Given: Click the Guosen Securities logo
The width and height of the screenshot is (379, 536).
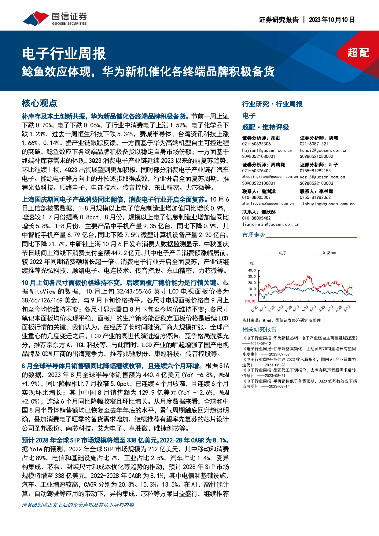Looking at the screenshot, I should pyautogui.click(x=55, y=19).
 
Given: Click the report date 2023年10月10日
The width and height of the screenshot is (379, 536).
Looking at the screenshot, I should pyautogui.click(x=332, y=20).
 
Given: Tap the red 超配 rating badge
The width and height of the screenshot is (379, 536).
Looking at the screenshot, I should pyautogui.click(x=358, y=53).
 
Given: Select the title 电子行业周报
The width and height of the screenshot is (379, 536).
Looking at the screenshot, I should pyautogui.click(x=64, y=54).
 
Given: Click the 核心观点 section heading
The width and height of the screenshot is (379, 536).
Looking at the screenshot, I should pyautogui.click(x=39, y=103).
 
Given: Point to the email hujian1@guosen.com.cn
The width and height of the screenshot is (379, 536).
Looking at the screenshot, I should pyautogui.click(x=267, y=150).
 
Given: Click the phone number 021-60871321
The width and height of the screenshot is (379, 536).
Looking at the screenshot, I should pyautogui.click(x=314, y=144).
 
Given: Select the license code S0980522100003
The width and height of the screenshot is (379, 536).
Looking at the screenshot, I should pyautogui.click(x=316, y=183).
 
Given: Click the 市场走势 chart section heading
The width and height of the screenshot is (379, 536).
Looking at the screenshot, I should pyautogui.click(x=254, y=235).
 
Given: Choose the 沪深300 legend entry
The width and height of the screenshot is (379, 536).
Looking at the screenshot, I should pyautogui.click(x=329, y=253).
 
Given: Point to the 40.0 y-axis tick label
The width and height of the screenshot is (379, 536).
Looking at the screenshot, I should pyautogui.click(x=252, y=270).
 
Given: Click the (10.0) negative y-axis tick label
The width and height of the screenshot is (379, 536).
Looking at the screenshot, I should pyautogui.click(x=250, y=301).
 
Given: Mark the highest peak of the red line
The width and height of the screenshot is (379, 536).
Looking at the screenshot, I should pyautogui.click(x=308, y=276).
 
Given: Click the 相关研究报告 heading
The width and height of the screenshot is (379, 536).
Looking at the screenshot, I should pyautogui.click(x=259, y=329).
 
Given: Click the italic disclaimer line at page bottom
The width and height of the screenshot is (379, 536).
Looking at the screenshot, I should pyautogui.click(x=78, y=505).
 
